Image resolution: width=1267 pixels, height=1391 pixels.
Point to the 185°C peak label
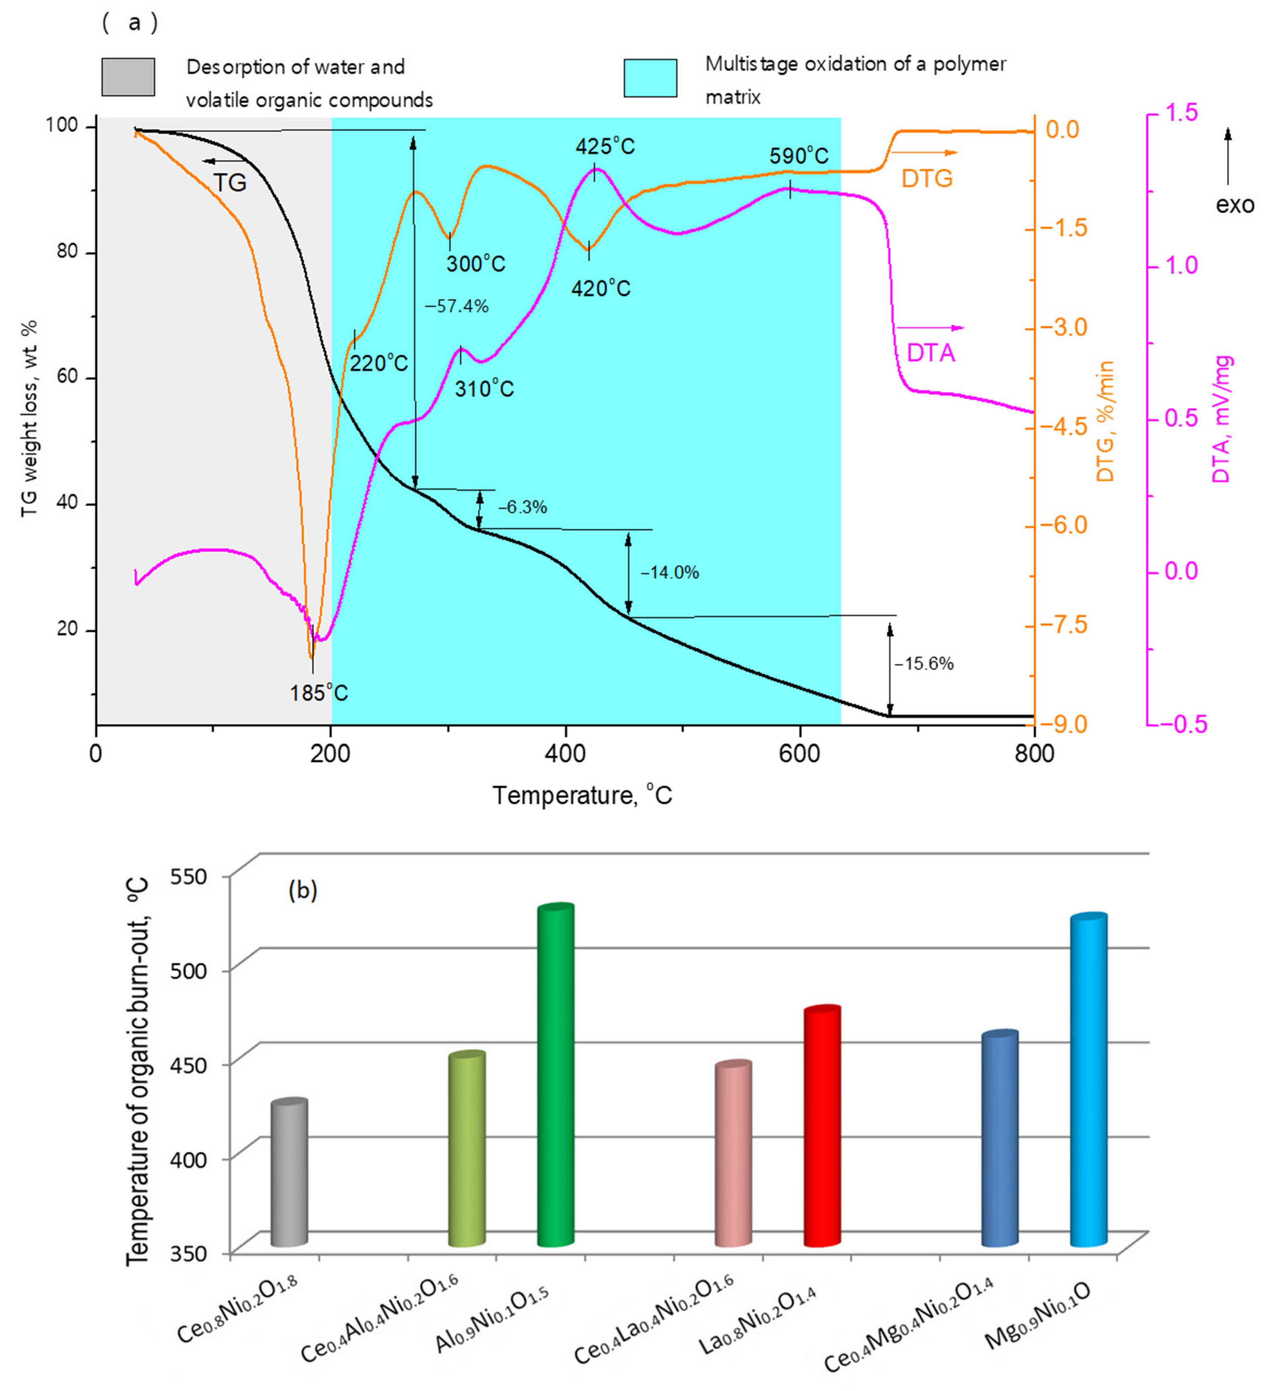point(318,692)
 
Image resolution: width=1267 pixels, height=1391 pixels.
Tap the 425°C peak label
point(605,146)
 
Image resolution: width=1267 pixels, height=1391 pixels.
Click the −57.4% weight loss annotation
point(456,306)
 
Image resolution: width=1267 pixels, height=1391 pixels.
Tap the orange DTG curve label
point(927,179)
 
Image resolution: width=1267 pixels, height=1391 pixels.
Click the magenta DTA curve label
point(930,353)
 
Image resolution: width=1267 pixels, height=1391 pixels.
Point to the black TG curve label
point(230,183)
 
